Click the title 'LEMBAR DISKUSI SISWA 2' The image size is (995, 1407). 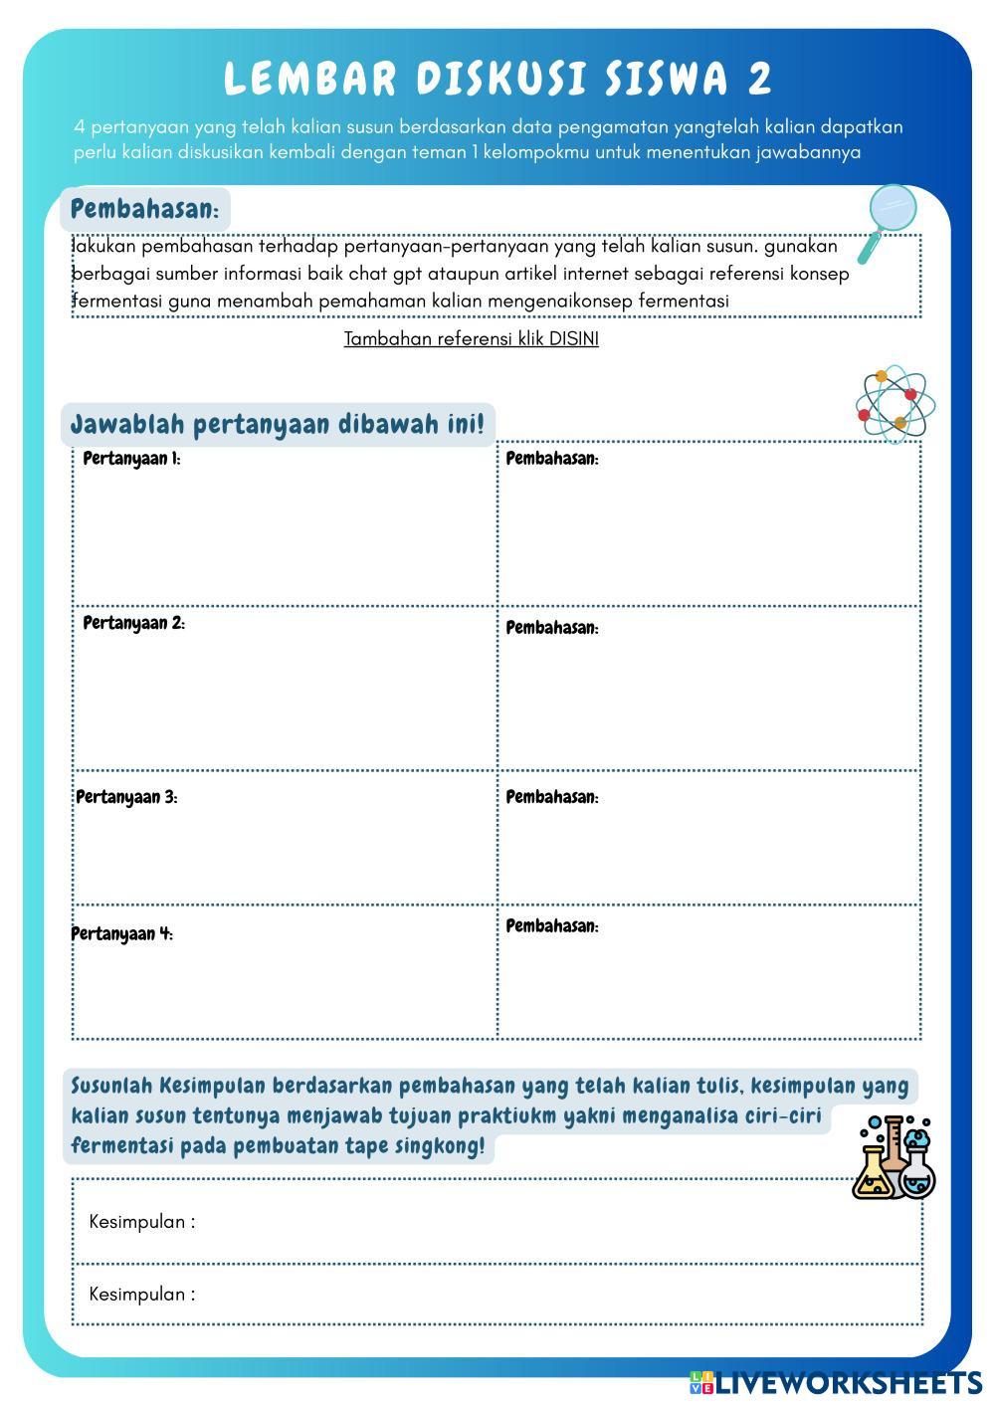[497, 80]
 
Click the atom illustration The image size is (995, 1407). [894, 403]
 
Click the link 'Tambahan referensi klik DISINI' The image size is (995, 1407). [471, 339]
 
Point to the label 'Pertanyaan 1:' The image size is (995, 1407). [131, 459]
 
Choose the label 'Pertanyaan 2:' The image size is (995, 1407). [133, 624]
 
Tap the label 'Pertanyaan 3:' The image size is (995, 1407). [126, 797]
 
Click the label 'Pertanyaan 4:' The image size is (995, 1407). [121, 933]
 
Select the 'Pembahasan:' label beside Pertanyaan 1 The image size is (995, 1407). [552, 459]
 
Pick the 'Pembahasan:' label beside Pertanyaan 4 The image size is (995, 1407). [552, 926]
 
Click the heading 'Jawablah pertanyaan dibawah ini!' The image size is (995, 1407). [278, 425]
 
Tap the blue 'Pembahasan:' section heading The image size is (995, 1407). [145, 210]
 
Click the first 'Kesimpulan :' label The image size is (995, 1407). [142, 1222]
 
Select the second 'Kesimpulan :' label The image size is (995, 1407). [142, 1295]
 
